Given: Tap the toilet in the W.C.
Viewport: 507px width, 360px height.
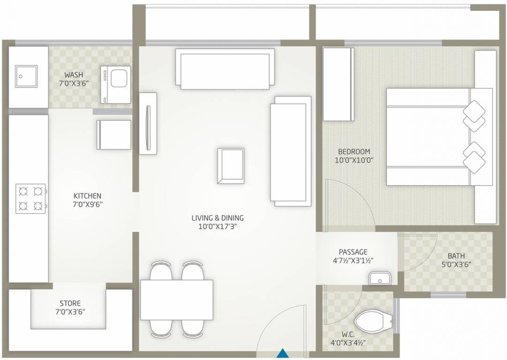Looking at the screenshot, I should coord(373,322).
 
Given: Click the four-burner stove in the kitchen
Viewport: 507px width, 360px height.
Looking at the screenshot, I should coord(31,198).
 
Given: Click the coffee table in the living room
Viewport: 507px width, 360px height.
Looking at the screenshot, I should coord(231,166).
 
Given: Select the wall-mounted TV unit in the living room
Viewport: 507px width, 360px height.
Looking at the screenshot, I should coord(148,123).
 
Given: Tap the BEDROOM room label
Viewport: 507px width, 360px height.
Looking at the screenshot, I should coord(354,151).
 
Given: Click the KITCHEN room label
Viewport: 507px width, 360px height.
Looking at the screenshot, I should coord(87,195).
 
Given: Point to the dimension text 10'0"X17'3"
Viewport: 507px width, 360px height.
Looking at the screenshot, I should coord(217,226).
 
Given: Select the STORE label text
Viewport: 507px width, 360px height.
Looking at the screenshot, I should coord(70,303).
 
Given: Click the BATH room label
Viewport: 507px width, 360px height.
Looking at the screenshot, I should coord(456,256).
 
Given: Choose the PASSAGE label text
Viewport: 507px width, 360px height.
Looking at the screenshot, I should coord(353,252).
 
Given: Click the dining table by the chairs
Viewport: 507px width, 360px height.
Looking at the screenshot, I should coord(177,300).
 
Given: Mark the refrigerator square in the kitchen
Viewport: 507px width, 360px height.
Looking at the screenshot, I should coord(114,135).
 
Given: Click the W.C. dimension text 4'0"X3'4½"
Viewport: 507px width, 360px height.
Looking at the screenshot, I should coord(348,343).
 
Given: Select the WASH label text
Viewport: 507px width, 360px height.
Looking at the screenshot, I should coord(74,75).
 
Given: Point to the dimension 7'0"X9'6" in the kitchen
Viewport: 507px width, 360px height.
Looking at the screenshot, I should coord(87,204).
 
